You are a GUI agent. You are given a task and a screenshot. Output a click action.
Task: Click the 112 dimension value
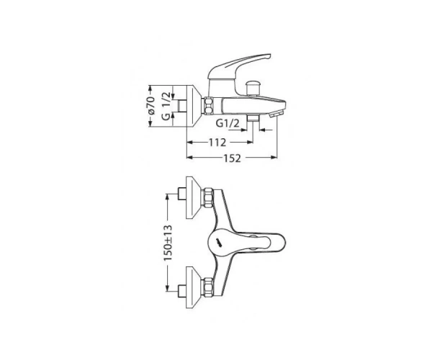217,143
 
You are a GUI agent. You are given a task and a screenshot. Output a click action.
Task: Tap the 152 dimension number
232,158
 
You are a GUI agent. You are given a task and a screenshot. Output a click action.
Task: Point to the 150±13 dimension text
168,243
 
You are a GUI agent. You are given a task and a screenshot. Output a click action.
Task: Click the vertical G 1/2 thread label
166,106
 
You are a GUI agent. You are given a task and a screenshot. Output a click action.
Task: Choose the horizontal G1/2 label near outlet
228,123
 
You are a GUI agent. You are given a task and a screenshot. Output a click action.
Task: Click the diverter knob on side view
253,87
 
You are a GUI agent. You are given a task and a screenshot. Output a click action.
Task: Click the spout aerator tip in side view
278,114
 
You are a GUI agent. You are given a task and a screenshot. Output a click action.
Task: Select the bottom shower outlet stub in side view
253,118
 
